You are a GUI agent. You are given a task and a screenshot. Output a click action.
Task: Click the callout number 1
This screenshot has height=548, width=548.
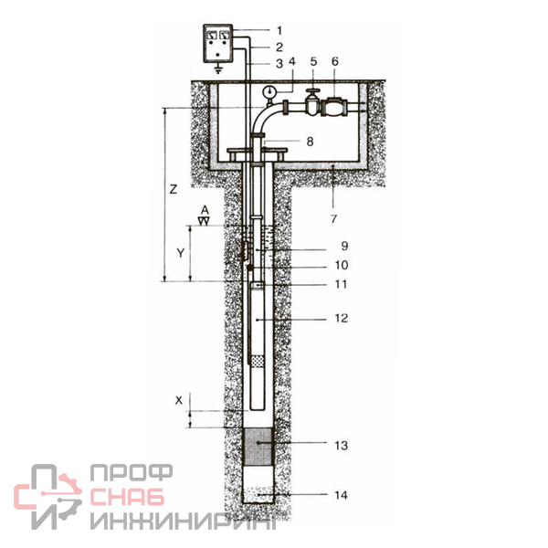click(279, 30)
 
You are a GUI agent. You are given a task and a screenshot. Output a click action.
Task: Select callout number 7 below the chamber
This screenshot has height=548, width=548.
click(333, 219)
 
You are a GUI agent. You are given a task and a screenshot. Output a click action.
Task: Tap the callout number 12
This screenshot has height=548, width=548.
click(342, 319)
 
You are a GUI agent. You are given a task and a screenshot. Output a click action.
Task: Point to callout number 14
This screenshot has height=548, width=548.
click(341, 495)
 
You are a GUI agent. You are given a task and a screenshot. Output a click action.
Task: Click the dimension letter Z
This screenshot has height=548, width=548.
click(174, 189)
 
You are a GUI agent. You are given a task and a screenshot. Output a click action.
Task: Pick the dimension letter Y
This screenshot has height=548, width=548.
click(180, 253)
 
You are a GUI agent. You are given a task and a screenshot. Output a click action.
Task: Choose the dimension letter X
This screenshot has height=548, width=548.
click(179, 401)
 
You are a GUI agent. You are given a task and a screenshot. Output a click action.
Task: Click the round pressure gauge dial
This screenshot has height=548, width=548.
click(269, 92)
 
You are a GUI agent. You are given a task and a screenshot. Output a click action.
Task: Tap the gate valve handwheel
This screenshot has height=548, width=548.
click(312, 92)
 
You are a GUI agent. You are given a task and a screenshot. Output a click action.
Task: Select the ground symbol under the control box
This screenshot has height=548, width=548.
click(218, 68)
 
